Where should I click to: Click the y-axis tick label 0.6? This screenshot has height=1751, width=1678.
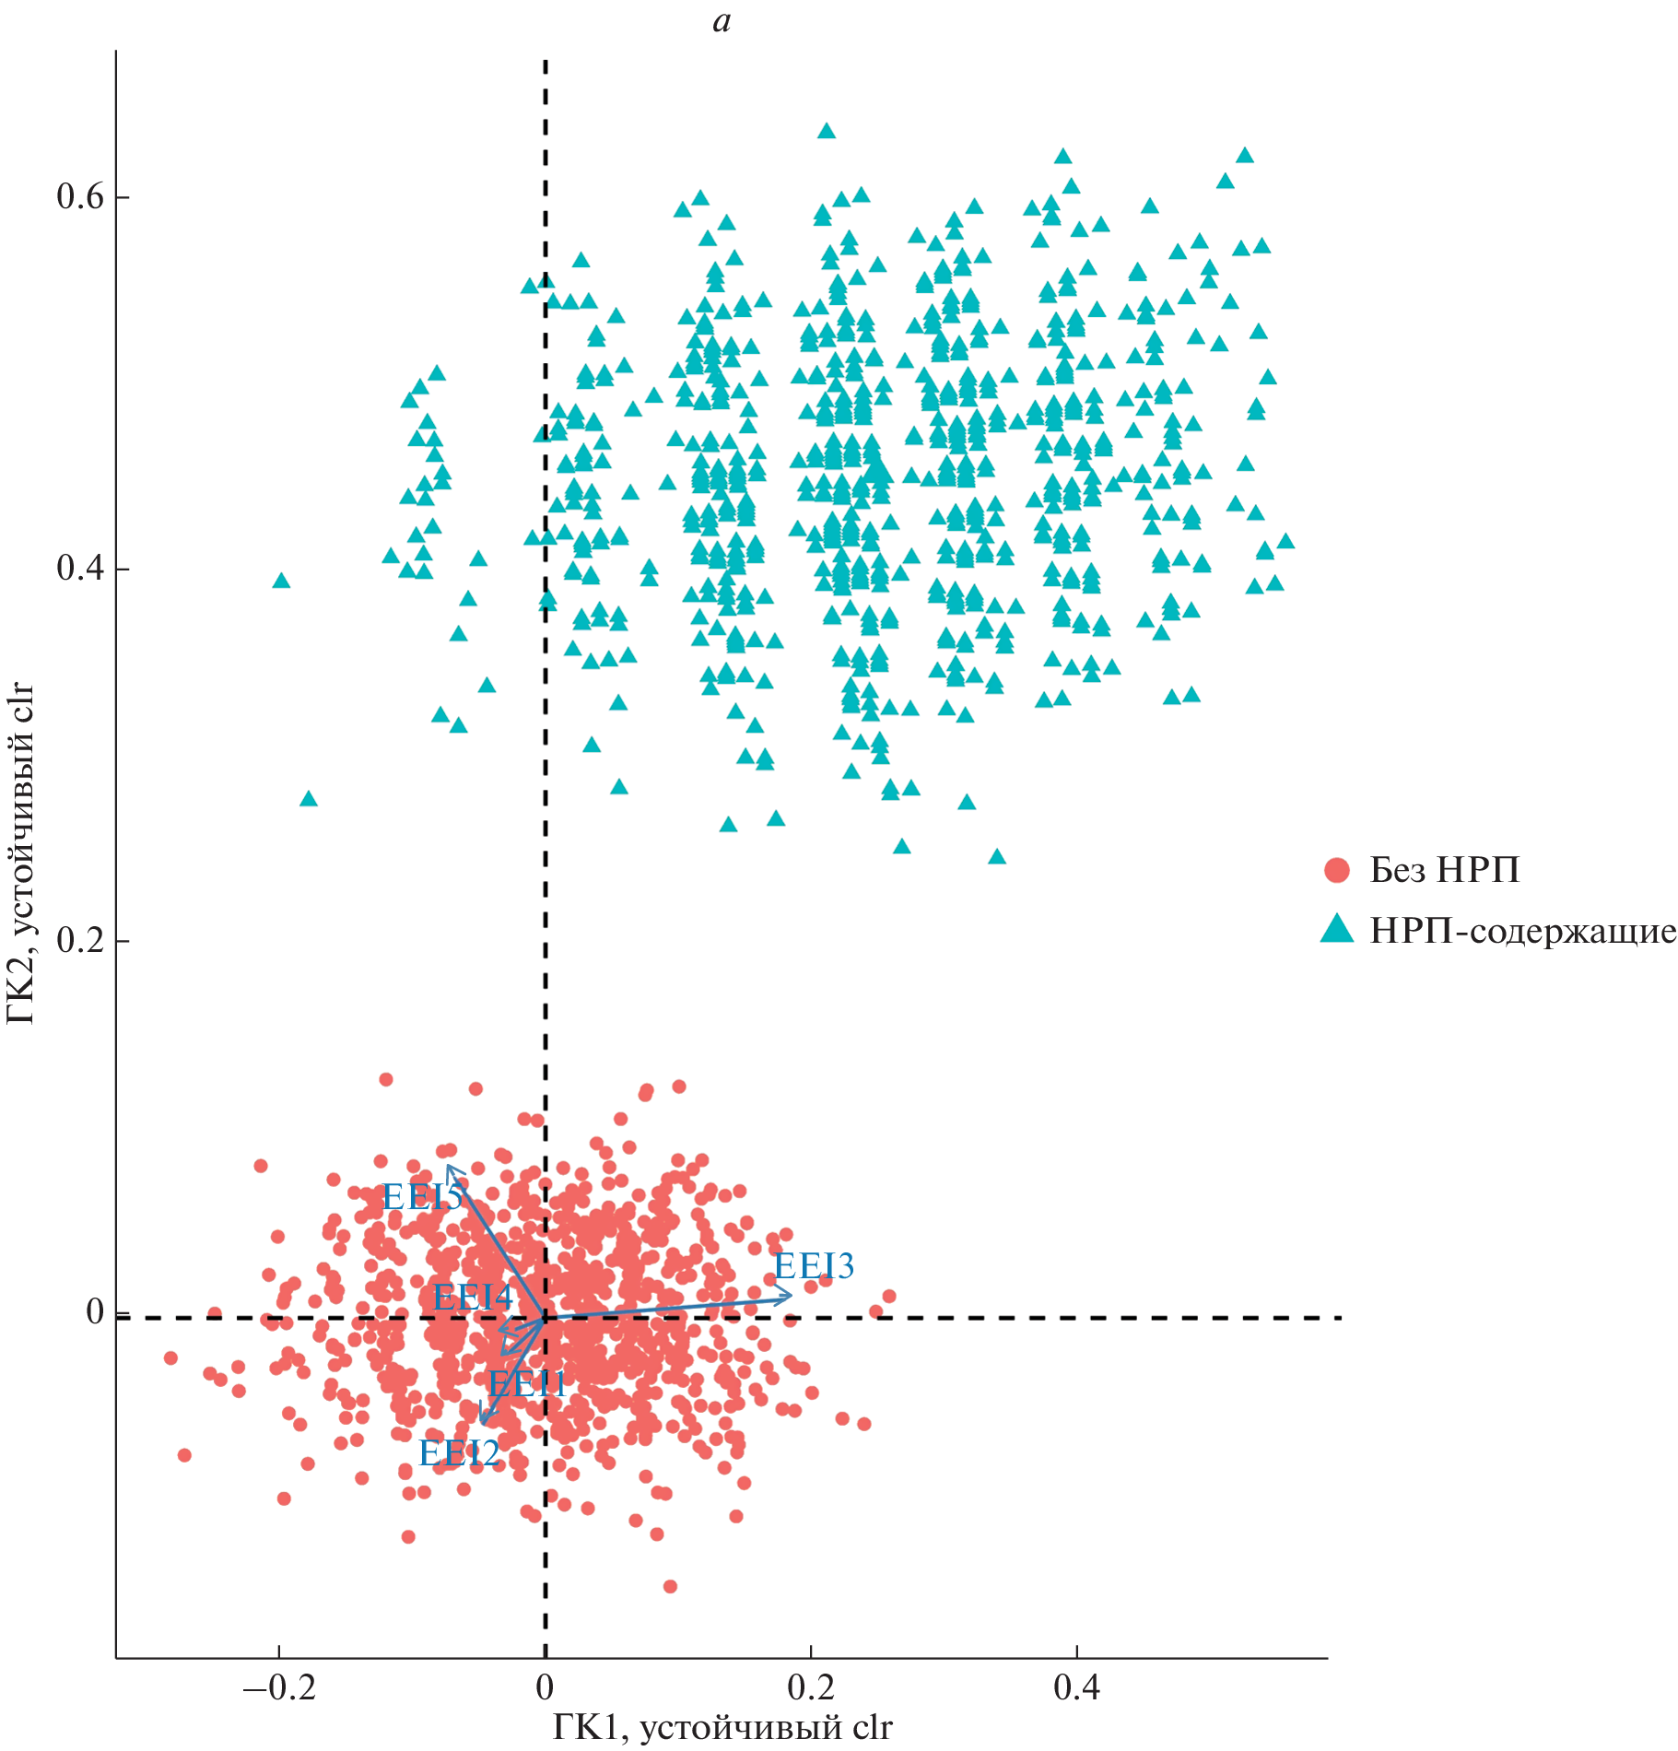(x=79, y=196)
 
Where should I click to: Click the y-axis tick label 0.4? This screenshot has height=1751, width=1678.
(x=79, y=568)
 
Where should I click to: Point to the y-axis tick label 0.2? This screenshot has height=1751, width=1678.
(x=79, y=940)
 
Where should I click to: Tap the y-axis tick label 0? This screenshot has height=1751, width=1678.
(x=94, y=1311)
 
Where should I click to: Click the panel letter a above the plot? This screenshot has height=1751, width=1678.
(x=722, y=22)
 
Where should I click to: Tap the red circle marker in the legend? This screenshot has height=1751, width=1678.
(x=1336, y=870)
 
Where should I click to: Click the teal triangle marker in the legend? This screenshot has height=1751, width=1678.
(x=1336, y=930)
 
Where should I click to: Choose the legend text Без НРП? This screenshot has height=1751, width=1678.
(x=1444, y=870)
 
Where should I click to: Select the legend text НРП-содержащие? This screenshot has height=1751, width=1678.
(x=1522, y=931)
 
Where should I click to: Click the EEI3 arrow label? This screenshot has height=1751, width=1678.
(x=814, y=1266)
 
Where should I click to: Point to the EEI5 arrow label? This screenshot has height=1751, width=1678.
(x=422, y=1197)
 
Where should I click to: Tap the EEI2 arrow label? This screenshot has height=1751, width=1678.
(x=459, y=1453)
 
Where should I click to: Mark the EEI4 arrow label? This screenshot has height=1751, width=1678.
(x=472, y=1298)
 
